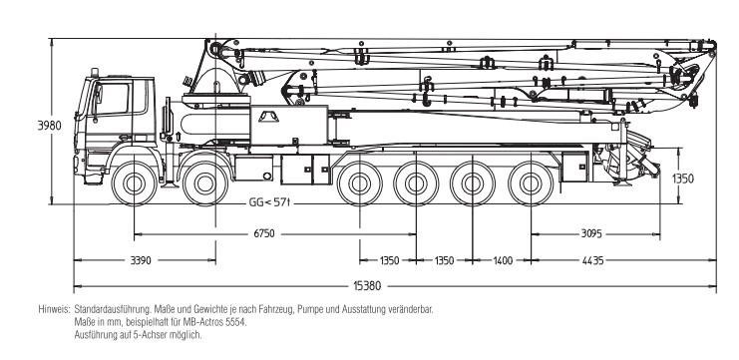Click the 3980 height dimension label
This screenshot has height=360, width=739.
coord(50,126)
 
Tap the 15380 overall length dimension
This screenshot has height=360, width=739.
coord(367,285)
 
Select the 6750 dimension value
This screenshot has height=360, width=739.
coord(264,233)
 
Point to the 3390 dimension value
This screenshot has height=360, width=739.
coord(141,260)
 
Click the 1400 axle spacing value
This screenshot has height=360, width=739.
coord(503,260)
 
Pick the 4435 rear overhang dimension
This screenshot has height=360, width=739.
coord(592,260)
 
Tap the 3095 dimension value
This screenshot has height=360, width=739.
coord(591,233)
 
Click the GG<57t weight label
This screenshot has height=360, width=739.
coord(269,203)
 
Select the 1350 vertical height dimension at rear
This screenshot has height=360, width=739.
coord(682,180)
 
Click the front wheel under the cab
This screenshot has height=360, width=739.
coord(134,182)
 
